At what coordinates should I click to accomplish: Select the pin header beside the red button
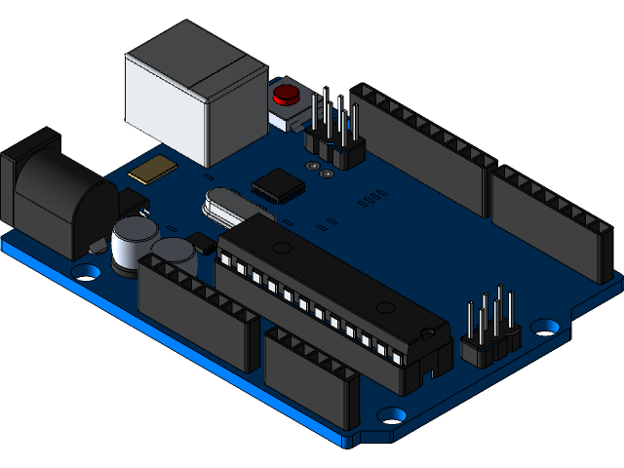(x=334, y=136)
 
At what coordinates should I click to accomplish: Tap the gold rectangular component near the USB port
(x=154, y=171)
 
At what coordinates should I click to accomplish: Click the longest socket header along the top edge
(x=419, y=146)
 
